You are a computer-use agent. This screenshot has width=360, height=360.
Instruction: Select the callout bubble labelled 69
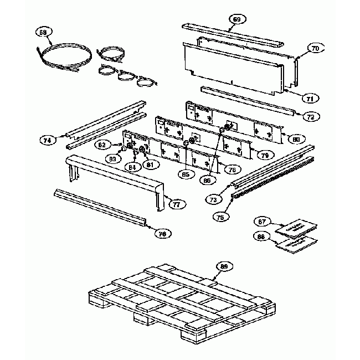point(236,19)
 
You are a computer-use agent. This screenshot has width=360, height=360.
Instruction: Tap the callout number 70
point(315,49)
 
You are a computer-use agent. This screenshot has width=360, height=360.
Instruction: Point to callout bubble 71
point(310,98)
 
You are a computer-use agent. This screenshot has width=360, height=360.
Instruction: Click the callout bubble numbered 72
point(310,117)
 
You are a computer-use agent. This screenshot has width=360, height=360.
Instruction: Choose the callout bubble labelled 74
point(48,141)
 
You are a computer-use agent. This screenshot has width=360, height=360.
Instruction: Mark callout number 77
point(176,204)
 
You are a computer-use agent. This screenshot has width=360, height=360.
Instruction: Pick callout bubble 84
point(132,167)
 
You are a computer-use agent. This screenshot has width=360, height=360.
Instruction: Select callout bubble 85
point(186,174)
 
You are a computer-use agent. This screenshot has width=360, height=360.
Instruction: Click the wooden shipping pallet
point(177,299)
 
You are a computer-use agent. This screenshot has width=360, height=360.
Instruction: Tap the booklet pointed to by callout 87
point(294,228)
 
